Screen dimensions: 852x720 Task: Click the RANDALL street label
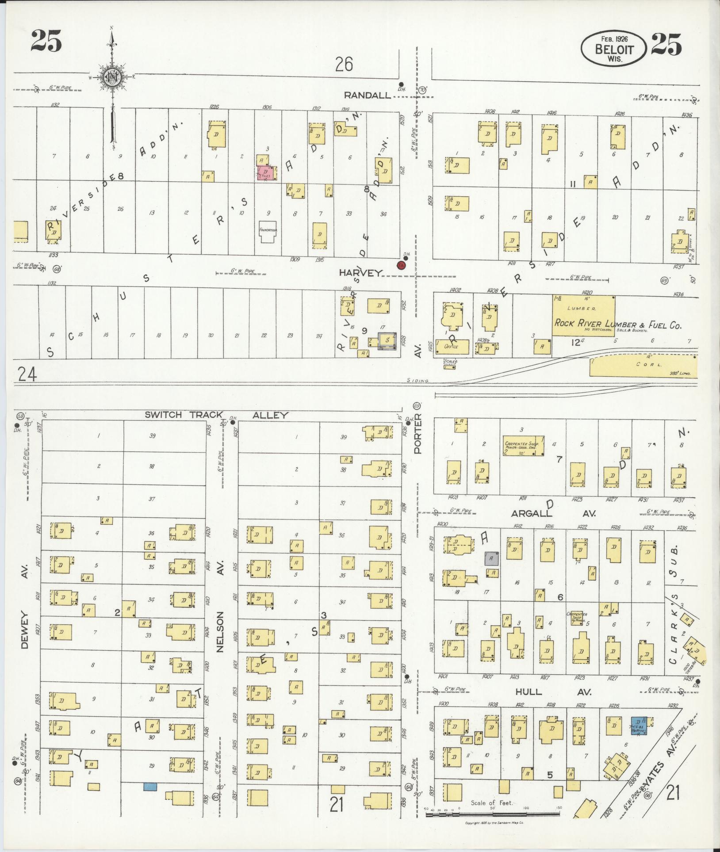(x=368, y=95)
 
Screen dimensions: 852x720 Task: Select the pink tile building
(x=266, y=172)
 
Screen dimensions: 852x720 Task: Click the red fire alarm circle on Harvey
(x=401, y=265)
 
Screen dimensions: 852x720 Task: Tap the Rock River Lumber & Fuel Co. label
(x=617, y=324)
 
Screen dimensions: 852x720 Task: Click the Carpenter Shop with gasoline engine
(x=523, y=446)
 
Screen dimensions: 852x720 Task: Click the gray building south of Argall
(x=492, y=558)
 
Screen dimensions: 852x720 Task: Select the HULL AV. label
(x=528, y=691)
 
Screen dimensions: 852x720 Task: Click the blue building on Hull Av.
(x=639, y=726)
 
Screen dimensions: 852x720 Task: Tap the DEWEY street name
(x=24, y=630)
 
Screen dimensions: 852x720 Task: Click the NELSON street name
(x=220, y=632)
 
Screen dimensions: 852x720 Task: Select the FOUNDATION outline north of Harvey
(x=267, y=232)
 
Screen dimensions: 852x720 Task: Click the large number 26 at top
(x=344, y=65)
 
